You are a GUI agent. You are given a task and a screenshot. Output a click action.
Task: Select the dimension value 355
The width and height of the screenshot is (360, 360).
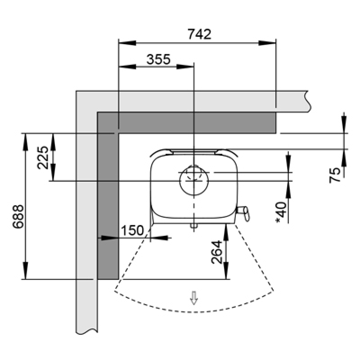(x=158, y=59)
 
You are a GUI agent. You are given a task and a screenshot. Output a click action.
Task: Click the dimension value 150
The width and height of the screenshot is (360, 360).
(x=132, y=231)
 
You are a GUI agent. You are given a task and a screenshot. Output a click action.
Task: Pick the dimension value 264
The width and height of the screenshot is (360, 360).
(x=216, y=252)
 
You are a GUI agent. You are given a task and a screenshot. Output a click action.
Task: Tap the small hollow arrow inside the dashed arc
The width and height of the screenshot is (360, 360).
(x=194, y=297)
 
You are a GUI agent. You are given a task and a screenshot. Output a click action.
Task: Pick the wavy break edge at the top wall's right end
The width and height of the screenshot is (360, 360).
(x=308, y=101)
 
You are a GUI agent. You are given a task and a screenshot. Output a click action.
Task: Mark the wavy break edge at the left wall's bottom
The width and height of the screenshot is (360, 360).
(x=87, y=332)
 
